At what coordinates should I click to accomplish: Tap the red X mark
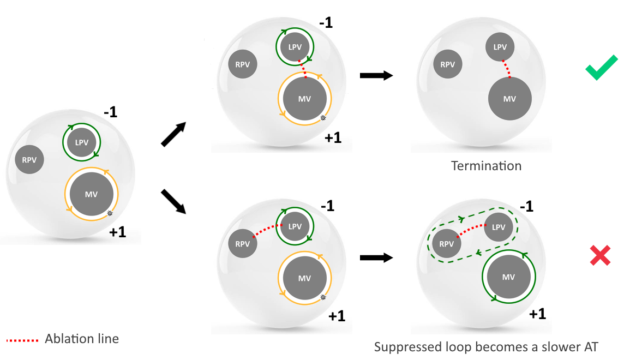(600, 256)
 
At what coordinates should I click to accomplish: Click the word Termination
(486, 165)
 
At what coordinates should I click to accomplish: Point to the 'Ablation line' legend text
(82, 339)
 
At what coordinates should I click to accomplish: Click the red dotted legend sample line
(22, 340)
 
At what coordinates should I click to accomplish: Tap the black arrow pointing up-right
(174, 135)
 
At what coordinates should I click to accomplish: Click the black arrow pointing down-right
(174, 200)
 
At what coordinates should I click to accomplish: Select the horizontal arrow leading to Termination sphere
(376, 75)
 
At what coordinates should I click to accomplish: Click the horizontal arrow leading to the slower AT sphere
(376, 257)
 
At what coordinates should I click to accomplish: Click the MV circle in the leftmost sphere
(91, 194)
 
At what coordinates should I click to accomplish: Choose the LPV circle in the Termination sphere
(500, 47)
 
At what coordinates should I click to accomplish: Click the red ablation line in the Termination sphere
(506, 68)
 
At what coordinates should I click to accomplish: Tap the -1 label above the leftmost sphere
(111, 113)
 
